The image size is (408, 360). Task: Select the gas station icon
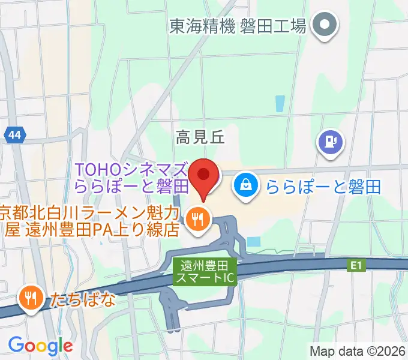tap(329, 142)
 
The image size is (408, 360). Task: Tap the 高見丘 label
tap(200, 138)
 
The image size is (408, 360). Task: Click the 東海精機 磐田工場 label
tap(238, 26)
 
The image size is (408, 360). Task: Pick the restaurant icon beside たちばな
tap(29, 296)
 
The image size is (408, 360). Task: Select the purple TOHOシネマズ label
tap(132, 177)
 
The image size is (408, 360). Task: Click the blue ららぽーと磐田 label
tap(324, 185)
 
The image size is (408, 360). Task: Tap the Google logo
tap(40, 345)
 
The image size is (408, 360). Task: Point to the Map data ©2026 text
tap(357, 350)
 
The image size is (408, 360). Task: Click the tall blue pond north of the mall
tap(280, 104)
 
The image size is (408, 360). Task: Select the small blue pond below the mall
tap(254, 241)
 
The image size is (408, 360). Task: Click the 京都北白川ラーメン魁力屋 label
tap(89, 220)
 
